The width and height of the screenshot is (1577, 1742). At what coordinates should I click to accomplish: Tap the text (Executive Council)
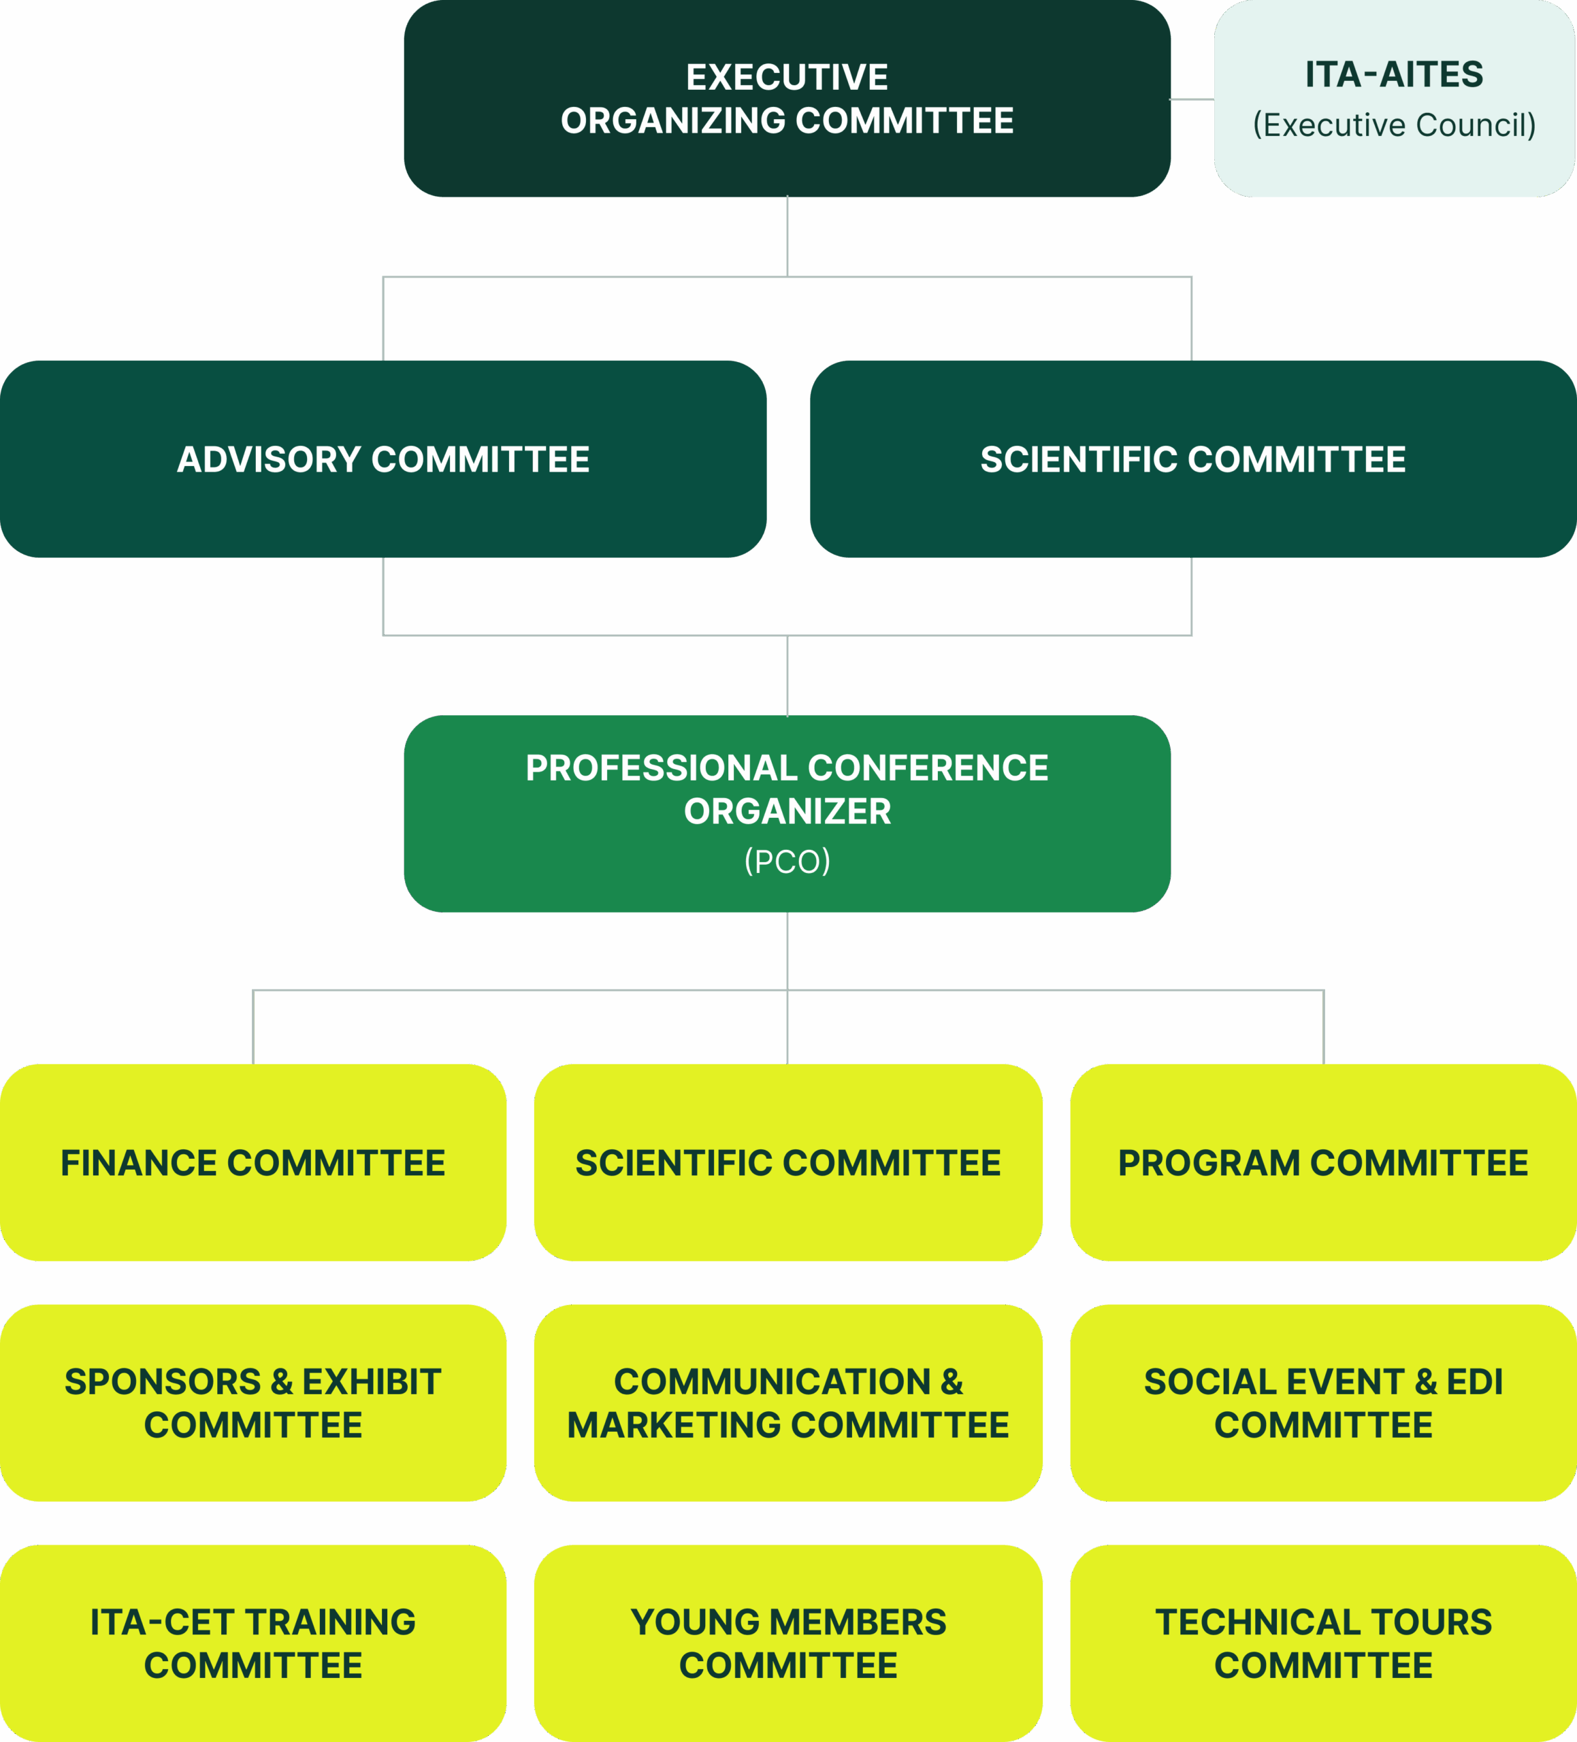tap(1394, 125)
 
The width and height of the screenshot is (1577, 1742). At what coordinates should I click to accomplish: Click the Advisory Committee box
tap(383, 459)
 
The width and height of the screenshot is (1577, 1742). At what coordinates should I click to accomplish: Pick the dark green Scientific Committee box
tap(1192, 459)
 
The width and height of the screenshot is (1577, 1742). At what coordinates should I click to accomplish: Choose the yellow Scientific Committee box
tap(787, 1163)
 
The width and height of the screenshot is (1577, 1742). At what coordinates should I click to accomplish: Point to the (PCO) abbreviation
tap(787, 861)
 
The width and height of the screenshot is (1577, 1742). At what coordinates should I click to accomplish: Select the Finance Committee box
tap(253, 1163)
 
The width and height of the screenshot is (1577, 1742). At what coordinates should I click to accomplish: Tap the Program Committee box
tap(1323, 1163)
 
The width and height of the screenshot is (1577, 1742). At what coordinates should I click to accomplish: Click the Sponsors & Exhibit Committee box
tap(253, 1403)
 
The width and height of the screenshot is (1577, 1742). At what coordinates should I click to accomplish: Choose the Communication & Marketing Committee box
tap(787, 1403)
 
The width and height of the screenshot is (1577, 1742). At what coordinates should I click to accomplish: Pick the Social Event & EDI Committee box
tap(1323, 1403)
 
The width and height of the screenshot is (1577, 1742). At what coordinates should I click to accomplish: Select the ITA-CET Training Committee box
tap(253, 1643)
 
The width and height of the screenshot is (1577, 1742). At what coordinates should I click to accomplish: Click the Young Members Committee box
tap(787, 1643)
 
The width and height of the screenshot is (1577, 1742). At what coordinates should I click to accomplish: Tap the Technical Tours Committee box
tap(1323, 1643)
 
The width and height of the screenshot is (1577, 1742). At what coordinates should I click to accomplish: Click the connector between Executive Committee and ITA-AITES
tap(1192, 99)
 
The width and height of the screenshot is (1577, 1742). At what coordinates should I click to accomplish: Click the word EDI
tap(1474, 1381)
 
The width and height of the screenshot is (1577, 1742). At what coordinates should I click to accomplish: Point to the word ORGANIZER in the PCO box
tap(787, 811)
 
